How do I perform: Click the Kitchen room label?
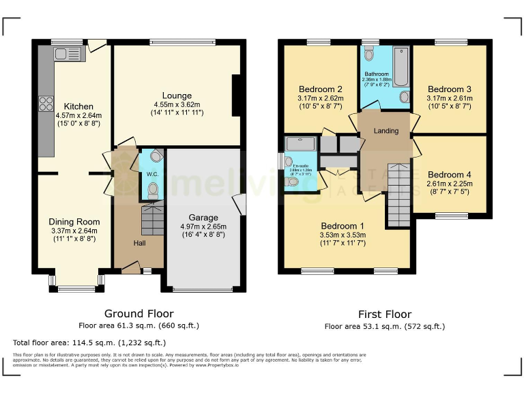coord(78,106)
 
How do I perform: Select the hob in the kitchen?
coord(46,104)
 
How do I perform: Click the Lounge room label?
coord(177,96)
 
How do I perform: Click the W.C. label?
coord(152,173)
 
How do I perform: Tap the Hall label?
coord(139,243)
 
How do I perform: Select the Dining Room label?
coord(74,222)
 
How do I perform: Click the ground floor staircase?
coord(153,220)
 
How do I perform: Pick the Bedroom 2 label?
coord(320,89)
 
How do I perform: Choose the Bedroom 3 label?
coord(449,89)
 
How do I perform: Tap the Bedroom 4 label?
coord(449,174)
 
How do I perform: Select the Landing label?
coord(385,131)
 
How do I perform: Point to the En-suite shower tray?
coord(302,143)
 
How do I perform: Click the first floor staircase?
coord(399,195)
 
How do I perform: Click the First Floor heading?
coord(385,315)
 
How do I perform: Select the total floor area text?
coord(89,343)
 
